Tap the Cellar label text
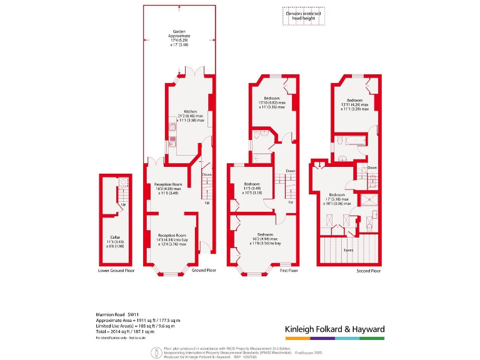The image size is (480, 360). tap(115, 241)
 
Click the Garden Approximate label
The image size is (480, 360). tap(179, 39)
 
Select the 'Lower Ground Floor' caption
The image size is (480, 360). tap(116, 271)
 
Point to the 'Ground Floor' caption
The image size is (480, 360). tap(204, 271)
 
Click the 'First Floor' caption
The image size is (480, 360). tap(289, 271)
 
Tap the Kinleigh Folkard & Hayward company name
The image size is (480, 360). tap(334, 329)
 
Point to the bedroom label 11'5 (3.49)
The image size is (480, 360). tap(252, 188)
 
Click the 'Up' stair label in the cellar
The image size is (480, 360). tap(123, 204)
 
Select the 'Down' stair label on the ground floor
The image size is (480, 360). tap(207, 174)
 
